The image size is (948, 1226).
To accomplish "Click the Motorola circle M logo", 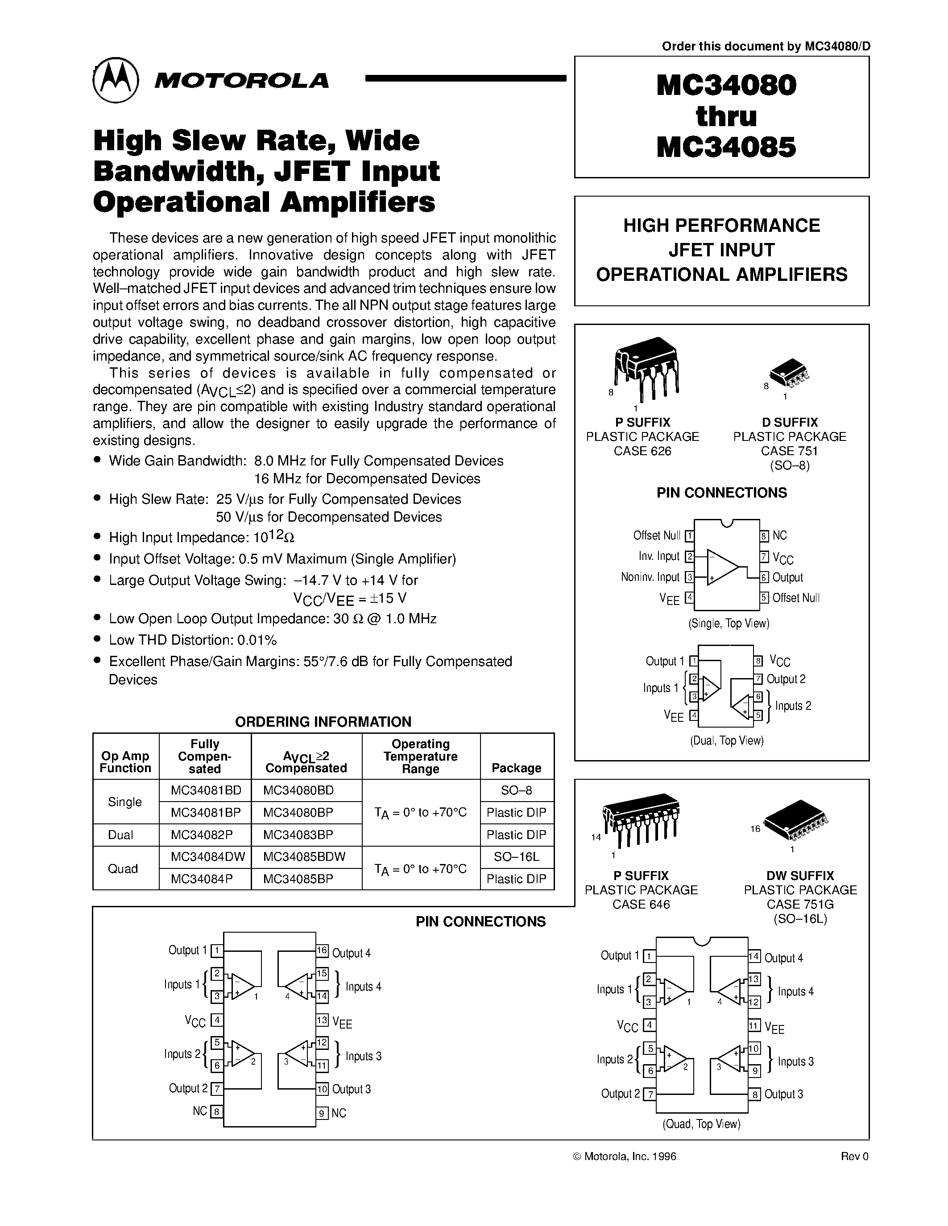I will point(115,80).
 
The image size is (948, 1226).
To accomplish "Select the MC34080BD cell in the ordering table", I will point(298,790).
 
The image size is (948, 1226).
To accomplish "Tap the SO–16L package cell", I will point(516,857).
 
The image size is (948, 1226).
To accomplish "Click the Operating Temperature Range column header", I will point(420,756).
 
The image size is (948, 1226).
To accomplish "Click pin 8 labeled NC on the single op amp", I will point(764,535).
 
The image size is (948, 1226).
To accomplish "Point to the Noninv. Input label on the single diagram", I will point(650,577).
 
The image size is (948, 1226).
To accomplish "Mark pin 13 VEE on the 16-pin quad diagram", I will point(322,1020).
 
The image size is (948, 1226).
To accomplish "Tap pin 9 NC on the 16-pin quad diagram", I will point(322,1113).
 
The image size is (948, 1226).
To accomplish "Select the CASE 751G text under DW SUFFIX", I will point(800,905).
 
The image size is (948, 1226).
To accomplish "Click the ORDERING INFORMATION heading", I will point(323,721).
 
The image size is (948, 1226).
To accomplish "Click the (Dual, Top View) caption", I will point(727,741).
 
